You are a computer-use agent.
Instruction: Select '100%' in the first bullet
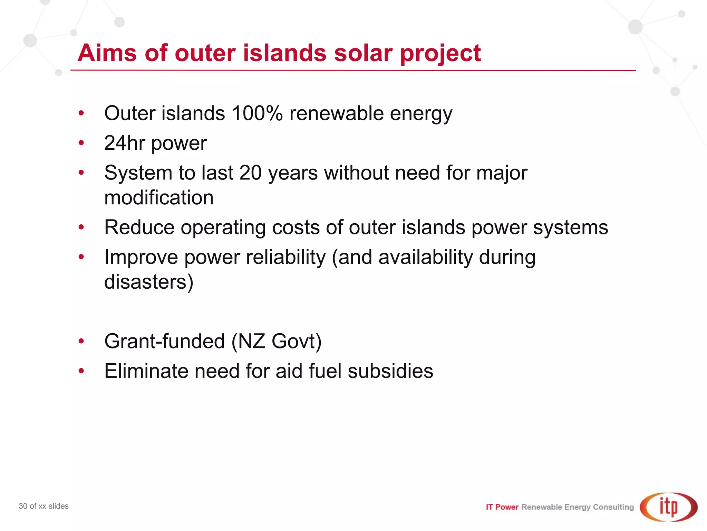[x=258, y=113]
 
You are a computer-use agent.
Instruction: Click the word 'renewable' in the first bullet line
[x=337, y=113]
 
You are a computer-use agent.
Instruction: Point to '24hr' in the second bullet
[x=125, y=143]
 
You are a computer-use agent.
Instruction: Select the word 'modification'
[x=159, y=198]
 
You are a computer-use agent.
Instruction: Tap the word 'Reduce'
[x=139, y=227]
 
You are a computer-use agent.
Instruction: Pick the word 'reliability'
[x=283, y=257]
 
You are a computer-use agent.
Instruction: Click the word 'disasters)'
[x=149, y=282]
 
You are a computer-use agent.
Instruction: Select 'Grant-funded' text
[x=165, y=342]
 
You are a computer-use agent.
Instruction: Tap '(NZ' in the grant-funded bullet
[x=248, y=342]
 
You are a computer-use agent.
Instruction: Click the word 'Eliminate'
[x=146, y=371]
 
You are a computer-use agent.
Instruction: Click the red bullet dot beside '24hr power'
[x=81, y=143]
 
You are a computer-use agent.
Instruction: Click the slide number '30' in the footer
[x=23, y=506]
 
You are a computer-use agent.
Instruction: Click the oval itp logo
[x=669, y=507]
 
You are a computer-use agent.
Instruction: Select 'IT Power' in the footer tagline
[x=502, y=507]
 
